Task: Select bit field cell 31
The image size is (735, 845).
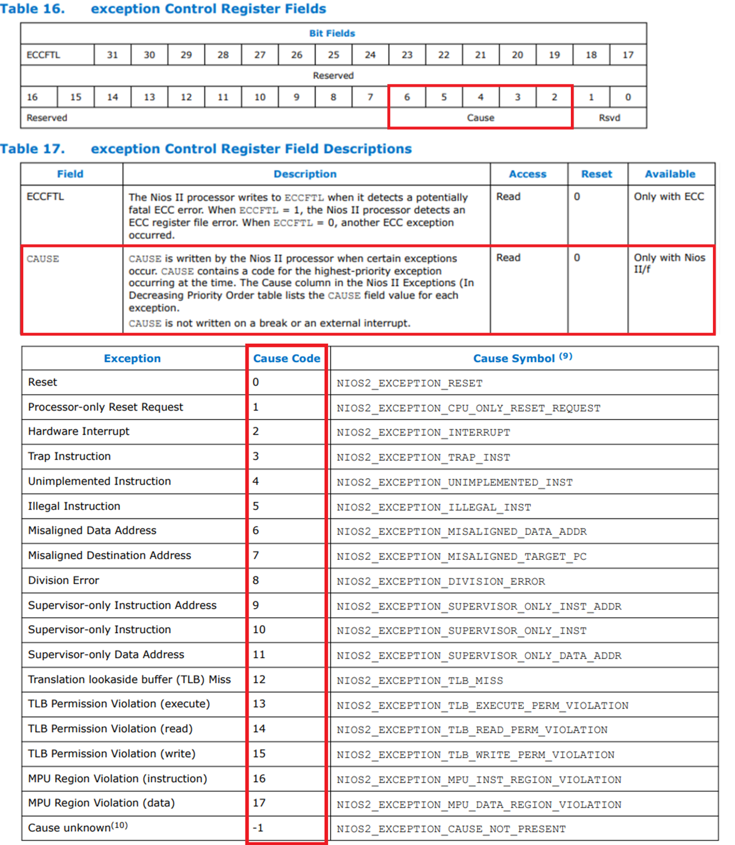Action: (x=112, y=55)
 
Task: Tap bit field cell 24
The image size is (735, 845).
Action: (x=370, y=55)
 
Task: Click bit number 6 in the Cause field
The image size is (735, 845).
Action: (x=407, y=97)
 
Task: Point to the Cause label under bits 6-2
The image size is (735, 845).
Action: (x=480, y=118)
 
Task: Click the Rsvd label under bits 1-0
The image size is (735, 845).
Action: (x=609, y=118)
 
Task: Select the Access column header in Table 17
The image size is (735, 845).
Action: (x=527, y=174)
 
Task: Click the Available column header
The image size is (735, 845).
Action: (x=670, y=174)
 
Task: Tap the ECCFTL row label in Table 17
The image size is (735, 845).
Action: (x=45, y=197)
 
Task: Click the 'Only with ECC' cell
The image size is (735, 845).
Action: (x=669, y=197)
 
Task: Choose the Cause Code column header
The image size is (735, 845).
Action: (x=286, y=358)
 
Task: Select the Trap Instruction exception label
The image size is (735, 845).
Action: (x=70, y=456)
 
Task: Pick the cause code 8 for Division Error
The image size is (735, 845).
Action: (x=256, y=580)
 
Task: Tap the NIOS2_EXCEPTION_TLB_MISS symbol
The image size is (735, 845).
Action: (x=419, y=681)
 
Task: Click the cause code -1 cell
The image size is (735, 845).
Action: (x=258, y=828)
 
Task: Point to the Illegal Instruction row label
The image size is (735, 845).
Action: (x=74, y=506)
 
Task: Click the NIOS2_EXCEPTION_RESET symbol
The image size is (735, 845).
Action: (x=410, y=384)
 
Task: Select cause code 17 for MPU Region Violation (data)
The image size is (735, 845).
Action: (x=259, y=803)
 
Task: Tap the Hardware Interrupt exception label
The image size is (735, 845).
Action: (x=78, y=432)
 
